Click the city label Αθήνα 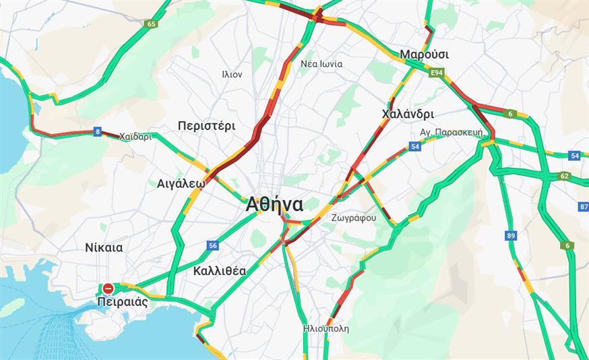[274, 204]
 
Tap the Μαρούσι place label [424, 54]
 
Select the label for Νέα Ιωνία [321, 64]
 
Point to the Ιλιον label [232, 75]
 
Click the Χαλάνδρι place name [407, 113]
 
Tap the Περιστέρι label [206, 125]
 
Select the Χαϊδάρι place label [135, 136]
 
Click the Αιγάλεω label [181, 183]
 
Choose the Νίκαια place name [104, 247]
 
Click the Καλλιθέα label [219, 271]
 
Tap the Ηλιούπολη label [326, 329]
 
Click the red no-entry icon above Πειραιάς [108, 288]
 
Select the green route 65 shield [150, 24]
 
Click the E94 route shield [436, 71]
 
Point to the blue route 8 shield [98, 132]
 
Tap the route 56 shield [213, 245]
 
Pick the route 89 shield [511, 235]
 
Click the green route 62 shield [564, 177]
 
